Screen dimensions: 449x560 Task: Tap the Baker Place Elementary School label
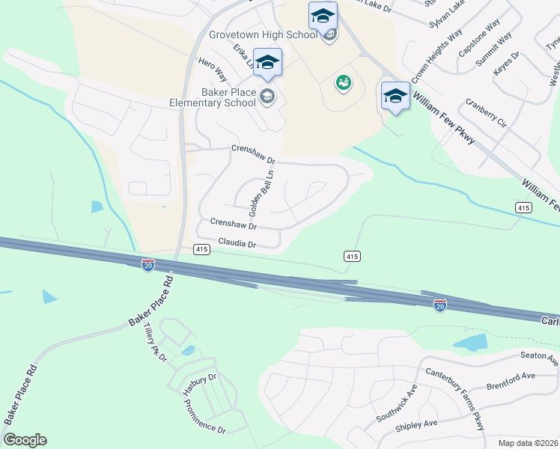202,97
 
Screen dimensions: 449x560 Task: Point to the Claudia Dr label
237,244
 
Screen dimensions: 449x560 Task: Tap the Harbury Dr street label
200,384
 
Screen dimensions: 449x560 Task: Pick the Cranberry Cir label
486,114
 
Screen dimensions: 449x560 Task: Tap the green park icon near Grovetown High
344,83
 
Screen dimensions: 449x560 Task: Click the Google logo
25,440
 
